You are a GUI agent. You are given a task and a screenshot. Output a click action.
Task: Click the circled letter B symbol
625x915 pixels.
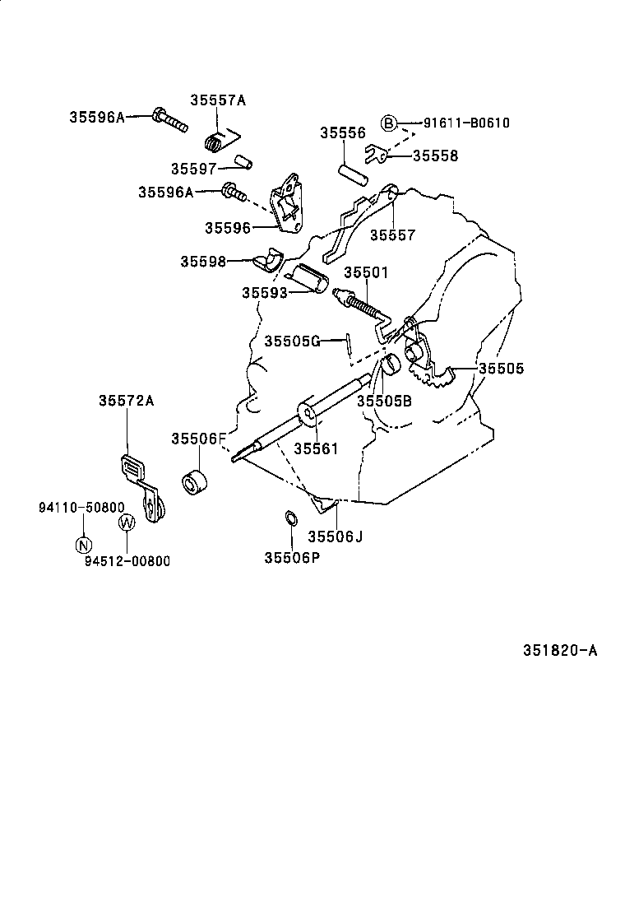[x=389, y=123]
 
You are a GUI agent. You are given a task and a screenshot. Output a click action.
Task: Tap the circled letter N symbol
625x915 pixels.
[x=83, y=544]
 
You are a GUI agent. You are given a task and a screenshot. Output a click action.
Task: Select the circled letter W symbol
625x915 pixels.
[x=127, y=522]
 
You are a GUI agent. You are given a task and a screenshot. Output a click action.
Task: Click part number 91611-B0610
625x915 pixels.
[x=466, y=123]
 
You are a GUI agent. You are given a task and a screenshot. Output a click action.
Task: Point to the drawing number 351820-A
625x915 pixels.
[x=559, y=650]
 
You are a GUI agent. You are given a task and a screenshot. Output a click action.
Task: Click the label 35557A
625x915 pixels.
[x=218, y=100]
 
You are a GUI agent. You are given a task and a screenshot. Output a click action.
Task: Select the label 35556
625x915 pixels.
[x=342, y=132]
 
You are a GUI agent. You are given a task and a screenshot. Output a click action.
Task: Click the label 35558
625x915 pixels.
[x=435, y=156]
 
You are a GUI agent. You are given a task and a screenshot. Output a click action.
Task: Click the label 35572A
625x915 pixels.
[x=127, y=401]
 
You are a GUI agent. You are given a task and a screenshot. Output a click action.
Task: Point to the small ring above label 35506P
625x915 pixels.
[x=290, y=518]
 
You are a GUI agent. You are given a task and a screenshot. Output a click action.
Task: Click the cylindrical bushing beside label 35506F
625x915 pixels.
[x=195, y=483]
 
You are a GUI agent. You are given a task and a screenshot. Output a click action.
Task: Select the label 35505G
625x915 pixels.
[x=292, y=341]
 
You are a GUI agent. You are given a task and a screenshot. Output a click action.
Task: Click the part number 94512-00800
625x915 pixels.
[x=127, y=561]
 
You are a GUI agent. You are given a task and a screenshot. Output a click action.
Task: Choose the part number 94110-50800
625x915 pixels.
[x=81, y=508]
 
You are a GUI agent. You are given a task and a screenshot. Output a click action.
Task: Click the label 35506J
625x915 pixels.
[x=336, y=536]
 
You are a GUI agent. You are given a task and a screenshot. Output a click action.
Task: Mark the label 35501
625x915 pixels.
[x=366, y=272]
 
